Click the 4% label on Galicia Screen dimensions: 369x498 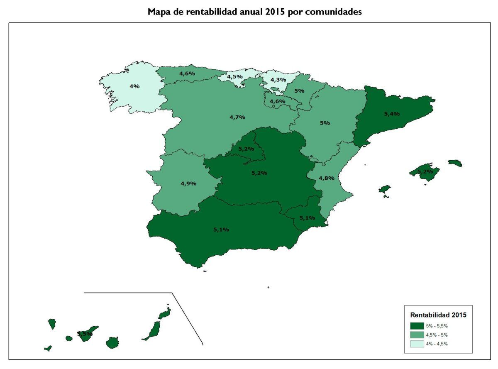[134, 87]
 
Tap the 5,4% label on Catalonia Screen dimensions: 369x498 [392, 113]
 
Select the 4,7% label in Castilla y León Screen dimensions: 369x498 [237, 117]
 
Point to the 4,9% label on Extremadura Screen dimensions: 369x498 [188, 183]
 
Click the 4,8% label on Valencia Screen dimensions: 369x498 [326, 178]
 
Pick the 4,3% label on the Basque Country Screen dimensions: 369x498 [278, 80]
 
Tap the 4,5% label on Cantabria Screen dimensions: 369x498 [234, 77]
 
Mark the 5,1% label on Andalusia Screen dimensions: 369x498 [221, 229]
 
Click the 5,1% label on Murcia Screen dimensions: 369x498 [307, 217]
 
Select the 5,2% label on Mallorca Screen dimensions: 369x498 [425, 171]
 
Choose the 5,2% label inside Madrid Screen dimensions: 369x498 [246, 148]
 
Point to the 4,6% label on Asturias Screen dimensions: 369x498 [187, 73]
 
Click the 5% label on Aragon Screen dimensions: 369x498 [325, 123]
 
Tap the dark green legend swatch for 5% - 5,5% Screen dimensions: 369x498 [416, 326]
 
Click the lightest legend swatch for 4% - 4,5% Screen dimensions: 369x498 [416, 344]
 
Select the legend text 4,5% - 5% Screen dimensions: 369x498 [437, 335]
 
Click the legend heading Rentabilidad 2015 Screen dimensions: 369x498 [438, 315]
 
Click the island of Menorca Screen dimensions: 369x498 [455, 163]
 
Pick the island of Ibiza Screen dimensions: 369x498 [385, 191]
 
